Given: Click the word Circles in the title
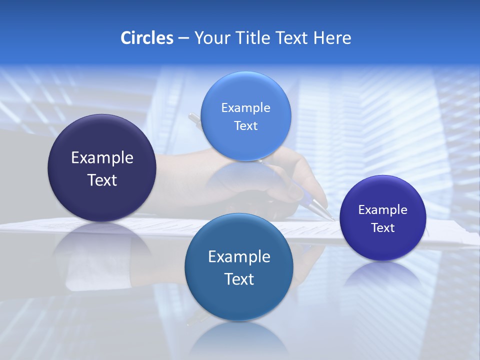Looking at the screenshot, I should tap(146, 38).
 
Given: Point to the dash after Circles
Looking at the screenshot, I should tap(183, 38).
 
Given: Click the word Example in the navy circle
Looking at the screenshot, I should tap(102, 158).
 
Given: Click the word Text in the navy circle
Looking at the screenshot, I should tap(102, 180).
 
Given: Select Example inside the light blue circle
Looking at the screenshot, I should tap(245, 107).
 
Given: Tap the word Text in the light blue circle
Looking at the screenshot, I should tap(245, 125).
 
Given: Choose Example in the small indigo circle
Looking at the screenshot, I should tap(383, 210).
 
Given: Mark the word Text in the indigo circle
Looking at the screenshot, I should tap(383, 228).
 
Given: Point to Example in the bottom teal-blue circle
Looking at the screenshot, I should tap(239, 257).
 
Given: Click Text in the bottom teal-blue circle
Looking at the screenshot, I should tap(239, 279).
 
